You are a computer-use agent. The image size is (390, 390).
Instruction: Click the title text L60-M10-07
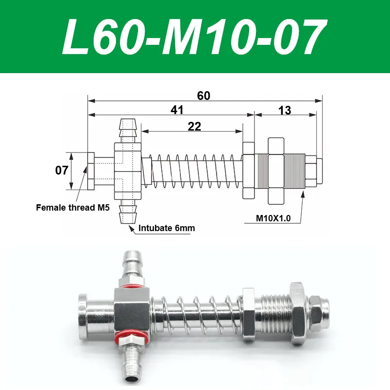click(194, 37)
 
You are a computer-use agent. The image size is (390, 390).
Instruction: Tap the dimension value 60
click(203, 96)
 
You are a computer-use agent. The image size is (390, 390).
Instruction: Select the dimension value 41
click(177, 110)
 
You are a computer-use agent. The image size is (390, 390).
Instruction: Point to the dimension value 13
click(285, 110)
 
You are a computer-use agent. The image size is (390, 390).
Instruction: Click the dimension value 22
click(194, 127)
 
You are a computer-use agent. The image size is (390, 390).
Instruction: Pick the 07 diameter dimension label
click(61, 170)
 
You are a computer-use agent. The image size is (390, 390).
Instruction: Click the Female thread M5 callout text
click(73, 208)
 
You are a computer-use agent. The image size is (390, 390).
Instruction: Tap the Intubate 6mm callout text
click(167, 228)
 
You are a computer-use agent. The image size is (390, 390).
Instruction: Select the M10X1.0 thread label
click(273, 218)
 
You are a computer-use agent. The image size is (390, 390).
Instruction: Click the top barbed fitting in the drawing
click(128, 131)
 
